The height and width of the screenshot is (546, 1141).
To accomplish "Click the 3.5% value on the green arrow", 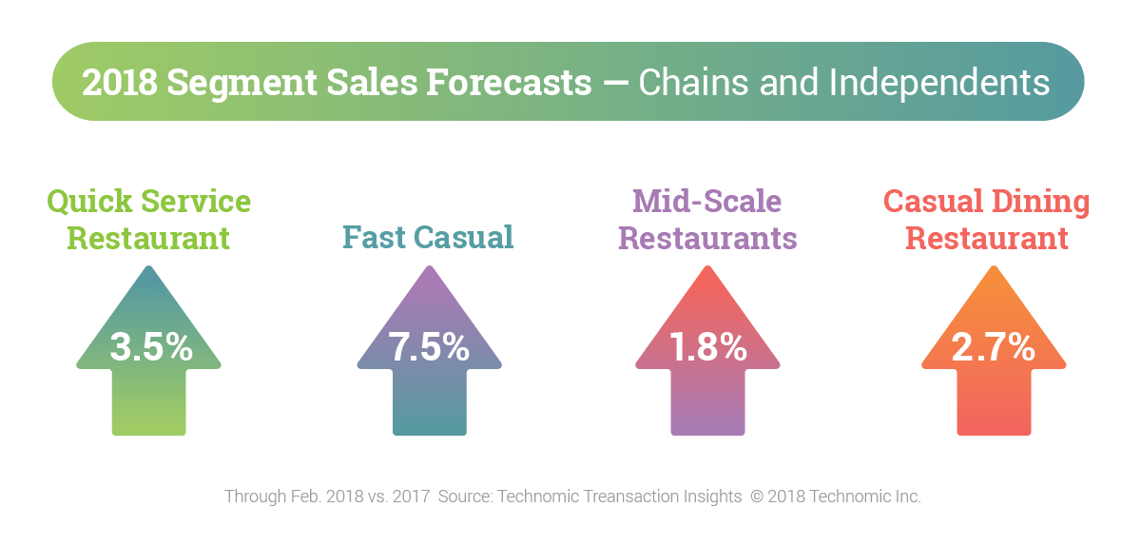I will (x=150, y=347).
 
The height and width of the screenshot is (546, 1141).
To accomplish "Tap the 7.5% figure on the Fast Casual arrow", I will (x=430, y=347).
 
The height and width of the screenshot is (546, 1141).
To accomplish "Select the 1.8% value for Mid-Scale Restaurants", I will (x=707, y=347).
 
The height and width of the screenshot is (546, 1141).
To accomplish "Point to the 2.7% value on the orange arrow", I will (x=993, y=347).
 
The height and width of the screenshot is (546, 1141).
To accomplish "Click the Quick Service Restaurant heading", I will (x=149, y=219).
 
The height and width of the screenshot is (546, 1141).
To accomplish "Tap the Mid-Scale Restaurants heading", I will (x=707, y=219).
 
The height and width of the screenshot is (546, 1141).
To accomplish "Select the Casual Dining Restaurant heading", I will (x=987, y=219).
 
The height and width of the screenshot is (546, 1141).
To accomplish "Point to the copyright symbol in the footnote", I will (x=757, y=497).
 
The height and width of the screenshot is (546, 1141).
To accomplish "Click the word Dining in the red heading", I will (x=1043, y=203).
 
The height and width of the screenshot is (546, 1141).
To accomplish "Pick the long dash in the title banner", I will (x=615, y=83).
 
